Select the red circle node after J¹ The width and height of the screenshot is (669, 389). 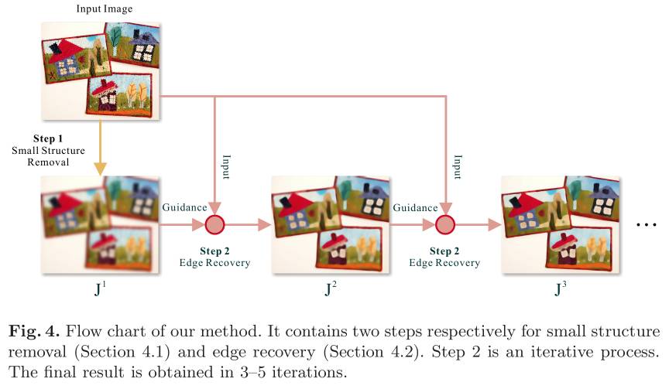214,224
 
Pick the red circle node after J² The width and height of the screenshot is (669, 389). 445,224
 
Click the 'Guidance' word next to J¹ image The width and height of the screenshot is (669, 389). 184,208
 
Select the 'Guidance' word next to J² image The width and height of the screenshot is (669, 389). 415,208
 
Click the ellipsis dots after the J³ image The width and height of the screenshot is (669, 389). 646,225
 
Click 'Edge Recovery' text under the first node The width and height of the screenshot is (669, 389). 214,263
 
